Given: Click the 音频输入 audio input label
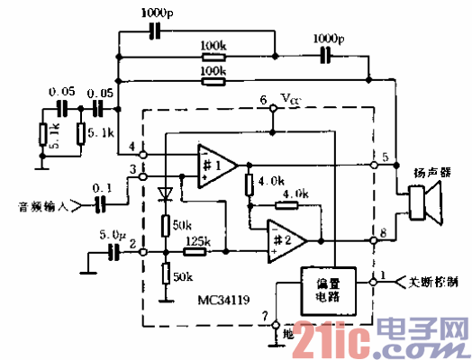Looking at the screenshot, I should click(x=41, y=206).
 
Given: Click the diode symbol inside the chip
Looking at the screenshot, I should click(x=164, y=193).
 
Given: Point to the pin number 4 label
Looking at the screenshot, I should click(x=133, y=147).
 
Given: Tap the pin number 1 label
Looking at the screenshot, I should click(x=383, y=274).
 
